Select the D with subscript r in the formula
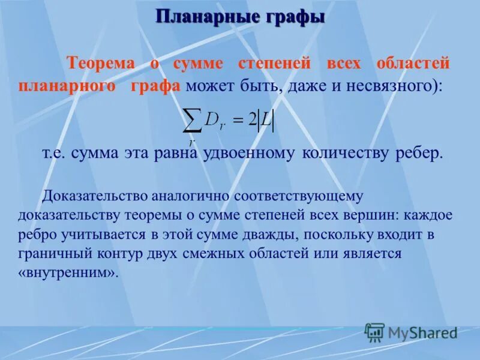click(x=214, y=121)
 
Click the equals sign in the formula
click(x=238, y=121)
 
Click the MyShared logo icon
click(x=375, y=332)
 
